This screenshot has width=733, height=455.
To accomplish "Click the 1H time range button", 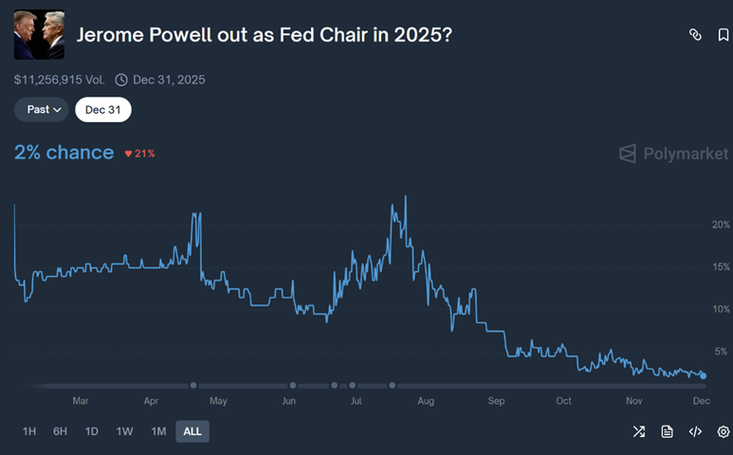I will tap(28, 431).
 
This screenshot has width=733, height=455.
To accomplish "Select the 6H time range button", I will tap(60, 431).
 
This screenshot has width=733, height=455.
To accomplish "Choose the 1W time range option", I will tap(124, 431).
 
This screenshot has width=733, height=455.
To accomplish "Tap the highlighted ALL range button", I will tap(192, 431).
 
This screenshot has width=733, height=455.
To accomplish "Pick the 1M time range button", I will tap(157, 431).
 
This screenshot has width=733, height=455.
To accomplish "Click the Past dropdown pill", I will tap(42, 109).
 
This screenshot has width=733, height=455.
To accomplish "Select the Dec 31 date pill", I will tap(103, 109).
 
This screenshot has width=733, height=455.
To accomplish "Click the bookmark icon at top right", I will tap(724, 35).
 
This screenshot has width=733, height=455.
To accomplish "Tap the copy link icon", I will tap(695, 35).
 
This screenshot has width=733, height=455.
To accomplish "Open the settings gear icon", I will tap(724, 431).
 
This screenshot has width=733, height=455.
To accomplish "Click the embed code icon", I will tap(695, 431).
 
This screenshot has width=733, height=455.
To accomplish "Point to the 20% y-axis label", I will tap(721, 225).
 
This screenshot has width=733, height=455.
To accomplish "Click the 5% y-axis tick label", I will tap(723, 352).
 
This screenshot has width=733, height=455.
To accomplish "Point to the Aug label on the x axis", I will tap(425, 401).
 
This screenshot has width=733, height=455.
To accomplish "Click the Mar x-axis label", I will tap(81, 401).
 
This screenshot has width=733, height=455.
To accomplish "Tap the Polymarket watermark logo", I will tap(673, 154).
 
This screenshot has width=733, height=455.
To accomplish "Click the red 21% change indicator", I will tap(139, 154).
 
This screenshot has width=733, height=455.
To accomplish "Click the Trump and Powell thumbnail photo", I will tap(39, 35).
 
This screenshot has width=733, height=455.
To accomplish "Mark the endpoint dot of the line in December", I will tap(703, 376).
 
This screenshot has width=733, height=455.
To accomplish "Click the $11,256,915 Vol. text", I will tap(59, 80).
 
